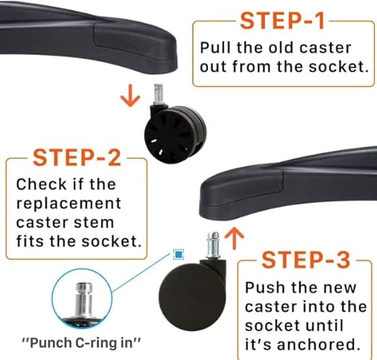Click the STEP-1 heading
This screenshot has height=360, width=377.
(x=282, y=21)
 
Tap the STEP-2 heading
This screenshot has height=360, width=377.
(x=77, y=158)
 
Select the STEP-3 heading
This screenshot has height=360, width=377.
(x=305, y=260)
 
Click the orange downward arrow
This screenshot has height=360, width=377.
(x=130, y=95)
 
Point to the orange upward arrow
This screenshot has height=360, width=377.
(x=234, y=238)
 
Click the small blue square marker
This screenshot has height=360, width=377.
(x=178, y=255)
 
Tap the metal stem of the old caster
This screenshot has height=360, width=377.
(x=159, y=94)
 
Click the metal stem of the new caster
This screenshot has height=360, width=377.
(x=213, y=245)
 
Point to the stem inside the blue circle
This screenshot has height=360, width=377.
(x=84, y=301)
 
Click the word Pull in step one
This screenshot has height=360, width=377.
(x=216, y=48)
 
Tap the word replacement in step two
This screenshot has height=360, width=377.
(x=69, y=204)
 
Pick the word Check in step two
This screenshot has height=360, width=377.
(x=41, y=184)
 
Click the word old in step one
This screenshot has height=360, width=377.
(x=282, y=48)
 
